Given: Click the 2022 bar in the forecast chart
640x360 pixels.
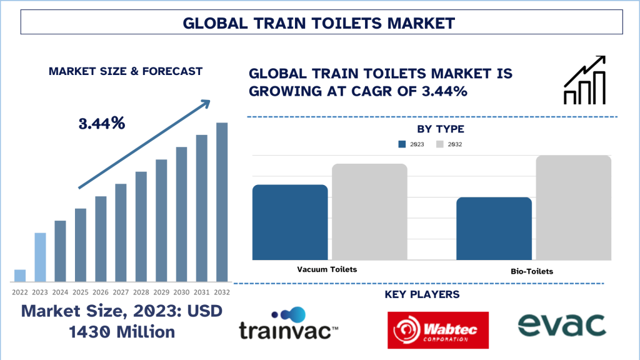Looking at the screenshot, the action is coord(20,276).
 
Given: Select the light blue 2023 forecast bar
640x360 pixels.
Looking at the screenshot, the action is coord(40,257).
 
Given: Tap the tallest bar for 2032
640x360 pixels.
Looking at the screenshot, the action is coord(222,202).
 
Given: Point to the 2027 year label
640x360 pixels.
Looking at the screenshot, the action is coord(121,292).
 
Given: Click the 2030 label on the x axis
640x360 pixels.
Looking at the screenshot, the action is coord(181,292).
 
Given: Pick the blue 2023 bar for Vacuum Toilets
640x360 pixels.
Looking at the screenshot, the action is coord(290,222).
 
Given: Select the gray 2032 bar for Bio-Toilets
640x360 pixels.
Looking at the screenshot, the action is coord(574,207).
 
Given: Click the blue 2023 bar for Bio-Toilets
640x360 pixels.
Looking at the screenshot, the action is coord(494,229).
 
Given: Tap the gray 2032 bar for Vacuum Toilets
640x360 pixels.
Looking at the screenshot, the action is coord(369,212).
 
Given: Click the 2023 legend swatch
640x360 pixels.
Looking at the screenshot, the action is coord(402,144).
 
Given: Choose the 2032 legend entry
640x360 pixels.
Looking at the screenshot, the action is coord(449,144).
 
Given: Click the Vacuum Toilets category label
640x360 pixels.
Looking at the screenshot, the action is coord(327,269).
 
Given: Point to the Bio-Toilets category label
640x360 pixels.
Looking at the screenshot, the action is coord(532,271).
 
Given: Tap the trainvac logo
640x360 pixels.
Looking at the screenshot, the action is coord(288,324).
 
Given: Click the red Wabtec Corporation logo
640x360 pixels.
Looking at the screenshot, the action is coord(438,330).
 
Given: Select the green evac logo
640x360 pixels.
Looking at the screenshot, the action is coord(562,325).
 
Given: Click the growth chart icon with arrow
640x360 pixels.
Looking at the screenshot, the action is coord(584,80).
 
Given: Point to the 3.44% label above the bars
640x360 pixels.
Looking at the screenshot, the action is coord(102,123).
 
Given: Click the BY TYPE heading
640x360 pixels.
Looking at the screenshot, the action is coord(441,129).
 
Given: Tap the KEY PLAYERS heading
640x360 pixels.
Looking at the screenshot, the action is coord(422,294).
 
